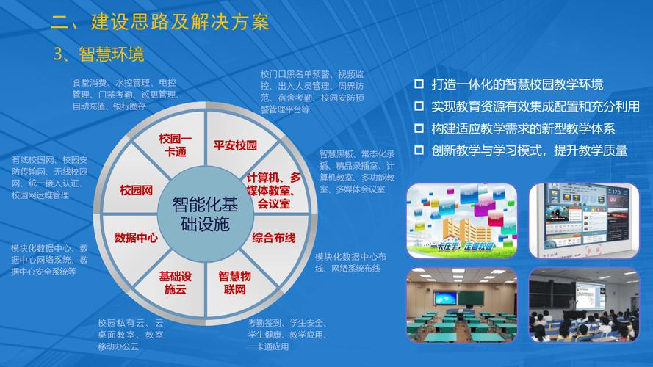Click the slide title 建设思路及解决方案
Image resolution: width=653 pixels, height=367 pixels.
point(179,21)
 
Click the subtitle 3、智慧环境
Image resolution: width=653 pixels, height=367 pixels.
point(99,54)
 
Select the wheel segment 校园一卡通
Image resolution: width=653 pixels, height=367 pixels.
point(175,145)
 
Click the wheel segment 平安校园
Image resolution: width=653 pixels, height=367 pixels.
point(235,145)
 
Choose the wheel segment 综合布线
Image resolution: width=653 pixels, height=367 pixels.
point(273,238)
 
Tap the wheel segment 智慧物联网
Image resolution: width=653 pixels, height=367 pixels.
point(235,283)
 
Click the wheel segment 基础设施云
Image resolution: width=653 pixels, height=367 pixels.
point(175,283)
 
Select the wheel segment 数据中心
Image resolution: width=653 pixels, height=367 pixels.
point(137,238)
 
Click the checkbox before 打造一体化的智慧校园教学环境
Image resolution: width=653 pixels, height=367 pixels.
point(419,84)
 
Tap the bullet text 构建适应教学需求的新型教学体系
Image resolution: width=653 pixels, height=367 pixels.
point(523,128)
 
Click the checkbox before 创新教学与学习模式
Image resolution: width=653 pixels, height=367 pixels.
point(419,150)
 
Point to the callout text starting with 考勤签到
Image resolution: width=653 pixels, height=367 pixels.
point(286,334)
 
